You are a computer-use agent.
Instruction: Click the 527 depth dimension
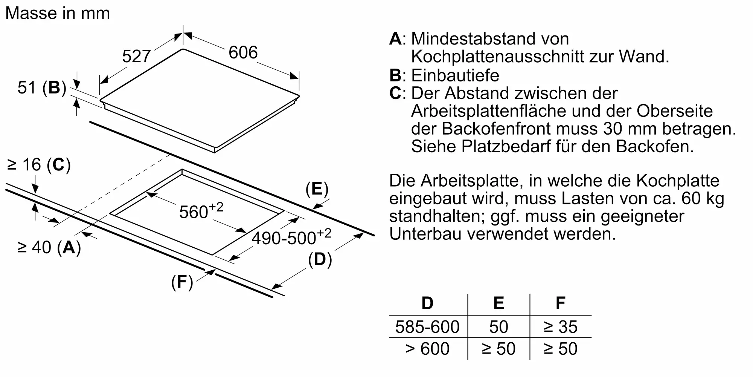click(136, 57)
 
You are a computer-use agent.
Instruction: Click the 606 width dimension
click(243, 52)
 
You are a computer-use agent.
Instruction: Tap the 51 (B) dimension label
click(42, 87)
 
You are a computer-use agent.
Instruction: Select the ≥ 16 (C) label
click(39, 165)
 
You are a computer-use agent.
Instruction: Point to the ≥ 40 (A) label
click(49, 247)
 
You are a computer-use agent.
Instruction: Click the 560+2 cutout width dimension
click(201, 211)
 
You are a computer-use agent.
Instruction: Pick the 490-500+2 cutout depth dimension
click(291, 237)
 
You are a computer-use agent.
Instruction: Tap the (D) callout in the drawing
click(320, 259)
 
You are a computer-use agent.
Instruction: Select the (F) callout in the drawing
click(182, 282)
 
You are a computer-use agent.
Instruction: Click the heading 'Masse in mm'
click(58, 13)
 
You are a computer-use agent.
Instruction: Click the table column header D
click(427, 303)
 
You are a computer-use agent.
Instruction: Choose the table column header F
click(560, 303)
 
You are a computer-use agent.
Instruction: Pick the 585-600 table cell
click(427, 327)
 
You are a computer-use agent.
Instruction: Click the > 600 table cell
click(427, 349)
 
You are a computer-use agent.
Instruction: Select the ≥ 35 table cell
click(560, 327)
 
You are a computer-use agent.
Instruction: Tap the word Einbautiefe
click(455, 75)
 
